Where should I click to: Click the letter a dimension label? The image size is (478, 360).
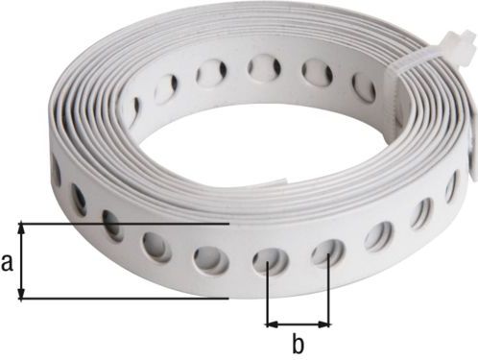[9, 262]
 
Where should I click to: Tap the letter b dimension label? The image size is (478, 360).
[298, 342]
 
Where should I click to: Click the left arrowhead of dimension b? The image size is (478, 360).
[271, 324]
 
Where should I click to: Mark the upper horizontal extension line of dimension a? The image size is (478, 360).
[125, 224]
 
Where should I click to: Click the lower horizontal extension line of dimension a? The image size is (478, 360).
[125, 299]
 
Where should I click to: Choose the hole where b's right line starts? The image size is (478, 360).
[327, 252]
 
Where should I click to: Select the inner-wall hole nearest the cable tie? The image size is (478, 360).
[364, 89]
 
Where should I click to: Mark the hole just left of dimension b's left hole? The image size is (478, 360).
[208, 257]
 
